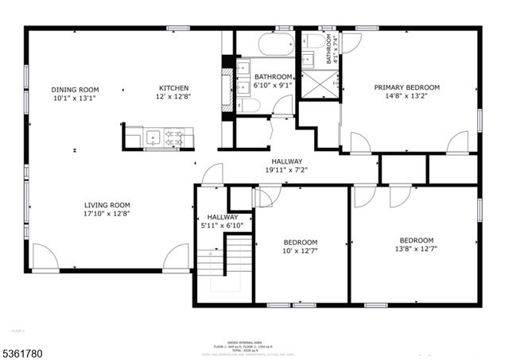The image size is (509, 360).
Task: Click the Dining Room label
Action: (76, 89)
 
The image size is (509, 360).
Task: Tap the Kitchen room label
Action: (173, 88)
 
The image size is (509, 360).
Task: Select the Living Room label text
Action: (107, 204)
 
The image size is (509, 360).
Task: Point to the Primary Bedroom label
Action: (407, 87)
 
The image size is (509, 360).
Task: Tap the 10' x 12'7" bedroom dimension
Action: (301, 252)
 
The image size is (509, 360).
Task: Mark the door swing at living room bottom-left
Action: (45, 259)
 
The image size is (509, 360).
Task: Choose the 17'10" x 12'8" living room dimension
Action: (107, 213)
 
